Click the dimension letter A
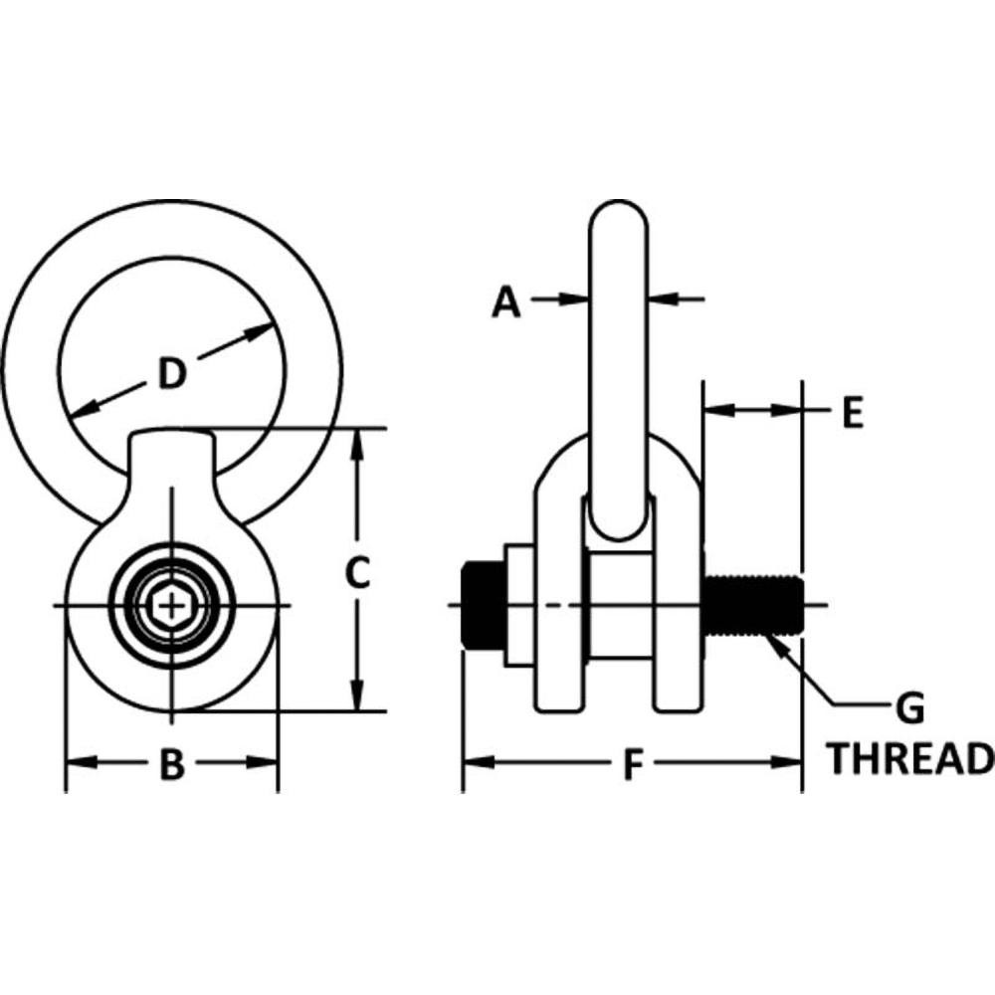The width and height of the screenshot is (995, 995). [506, 300]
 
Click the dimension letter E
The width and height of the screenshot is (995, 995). [852, 412]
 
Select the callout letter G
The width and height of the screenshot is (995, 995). [910, 709]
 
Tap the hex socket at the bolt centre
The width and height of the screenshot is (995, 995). [172, 605]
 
